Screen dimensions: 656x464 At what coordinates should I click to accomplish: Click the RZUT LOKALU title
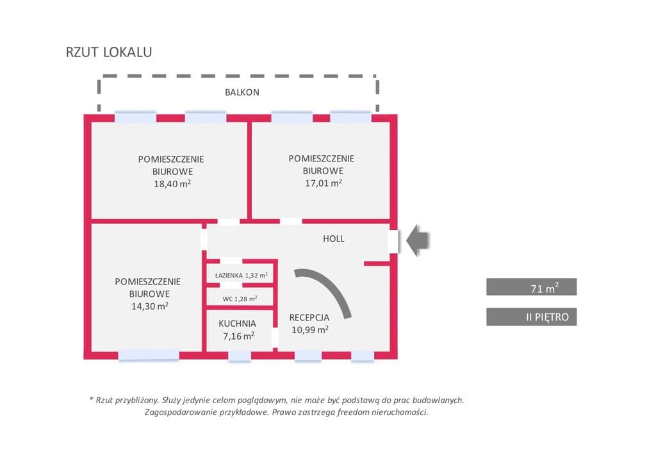point(109,52)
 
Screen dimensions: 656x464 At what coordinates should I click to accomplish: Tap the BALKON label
point(242,92)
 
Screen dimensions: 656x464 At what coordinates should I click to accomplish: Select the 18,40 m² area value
point(172,184)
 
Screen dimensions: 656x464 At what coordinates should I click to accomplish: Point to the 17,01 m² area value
point(324,183)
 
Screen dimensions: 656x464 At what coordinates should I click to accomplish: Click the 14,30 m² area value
point(150,306)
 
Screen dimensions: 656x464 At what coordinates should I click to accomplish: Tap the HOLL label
point(333,238)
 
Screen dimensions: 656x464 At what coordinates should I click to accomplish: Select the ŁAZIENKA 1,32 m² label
point(241,276)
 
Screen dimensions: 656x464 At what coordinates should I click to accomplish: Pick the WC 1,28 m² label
point(240,299)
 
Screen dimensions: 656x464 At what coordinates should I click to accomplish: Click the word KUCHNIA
point(237,324)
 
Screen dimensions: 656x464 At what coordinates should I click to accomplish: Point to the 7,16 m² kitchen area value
point(238,336)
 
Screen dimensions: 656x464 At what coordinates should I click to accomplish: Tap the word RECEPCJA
point(309,318)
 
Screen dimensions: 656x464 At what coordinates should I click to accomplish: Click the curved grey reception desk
point(331,286)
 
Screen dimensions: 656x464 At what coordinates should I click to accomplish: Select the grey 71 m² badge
point(531,287)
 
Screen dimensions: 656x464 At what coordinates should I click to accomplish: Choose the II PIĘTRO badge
point(531,317)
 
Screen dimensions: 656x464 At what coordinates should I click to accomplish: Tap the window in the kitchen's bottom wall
point(240,356)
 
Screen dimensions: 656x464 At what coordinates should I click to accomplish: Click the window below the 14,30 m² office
point(149,355)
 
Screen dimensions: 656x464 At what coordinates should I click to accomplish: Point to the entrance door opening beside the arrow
point(393,242)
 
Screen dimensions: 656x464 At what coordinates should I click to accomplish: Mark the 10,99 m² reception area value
point(309,329)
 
